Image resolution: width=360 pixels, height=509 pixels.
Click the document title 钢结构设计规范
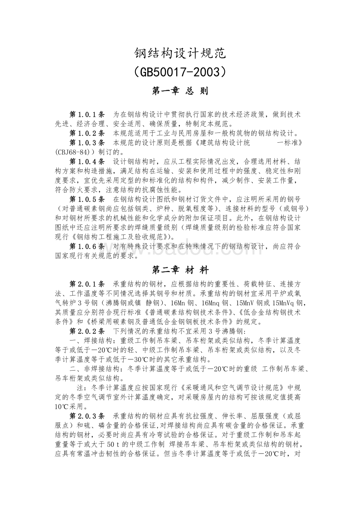[x=180, y=54]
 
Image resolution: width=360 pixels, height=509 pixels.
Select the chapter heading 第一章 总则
[x=180, y=91]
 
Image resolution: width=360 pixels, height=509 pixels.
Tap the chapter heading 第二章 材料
[x=180, y=270]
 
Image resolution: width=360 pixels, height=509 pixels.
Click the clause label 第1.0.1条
[x=87, y=115]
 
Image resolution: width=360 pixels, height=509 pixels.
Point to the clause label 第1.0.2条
[x=87, y=133]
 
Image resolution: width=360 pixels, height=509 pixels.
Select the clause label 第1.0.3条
[x=87, y=142]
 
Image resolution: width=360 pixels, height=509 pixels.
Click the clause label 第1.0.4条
[x=87, y=161]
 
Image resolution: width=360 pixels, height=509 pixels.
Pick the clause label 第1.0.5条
[x=87, y=199]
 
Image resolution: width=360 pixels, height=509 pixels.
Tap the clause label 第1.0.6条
[x=87, y=246]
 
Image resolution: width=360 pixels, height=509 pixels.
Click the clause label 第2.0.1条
[x=87, y=283]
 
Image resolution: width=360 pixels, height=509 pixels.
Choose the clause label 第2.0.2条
[x=87, y=331]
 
